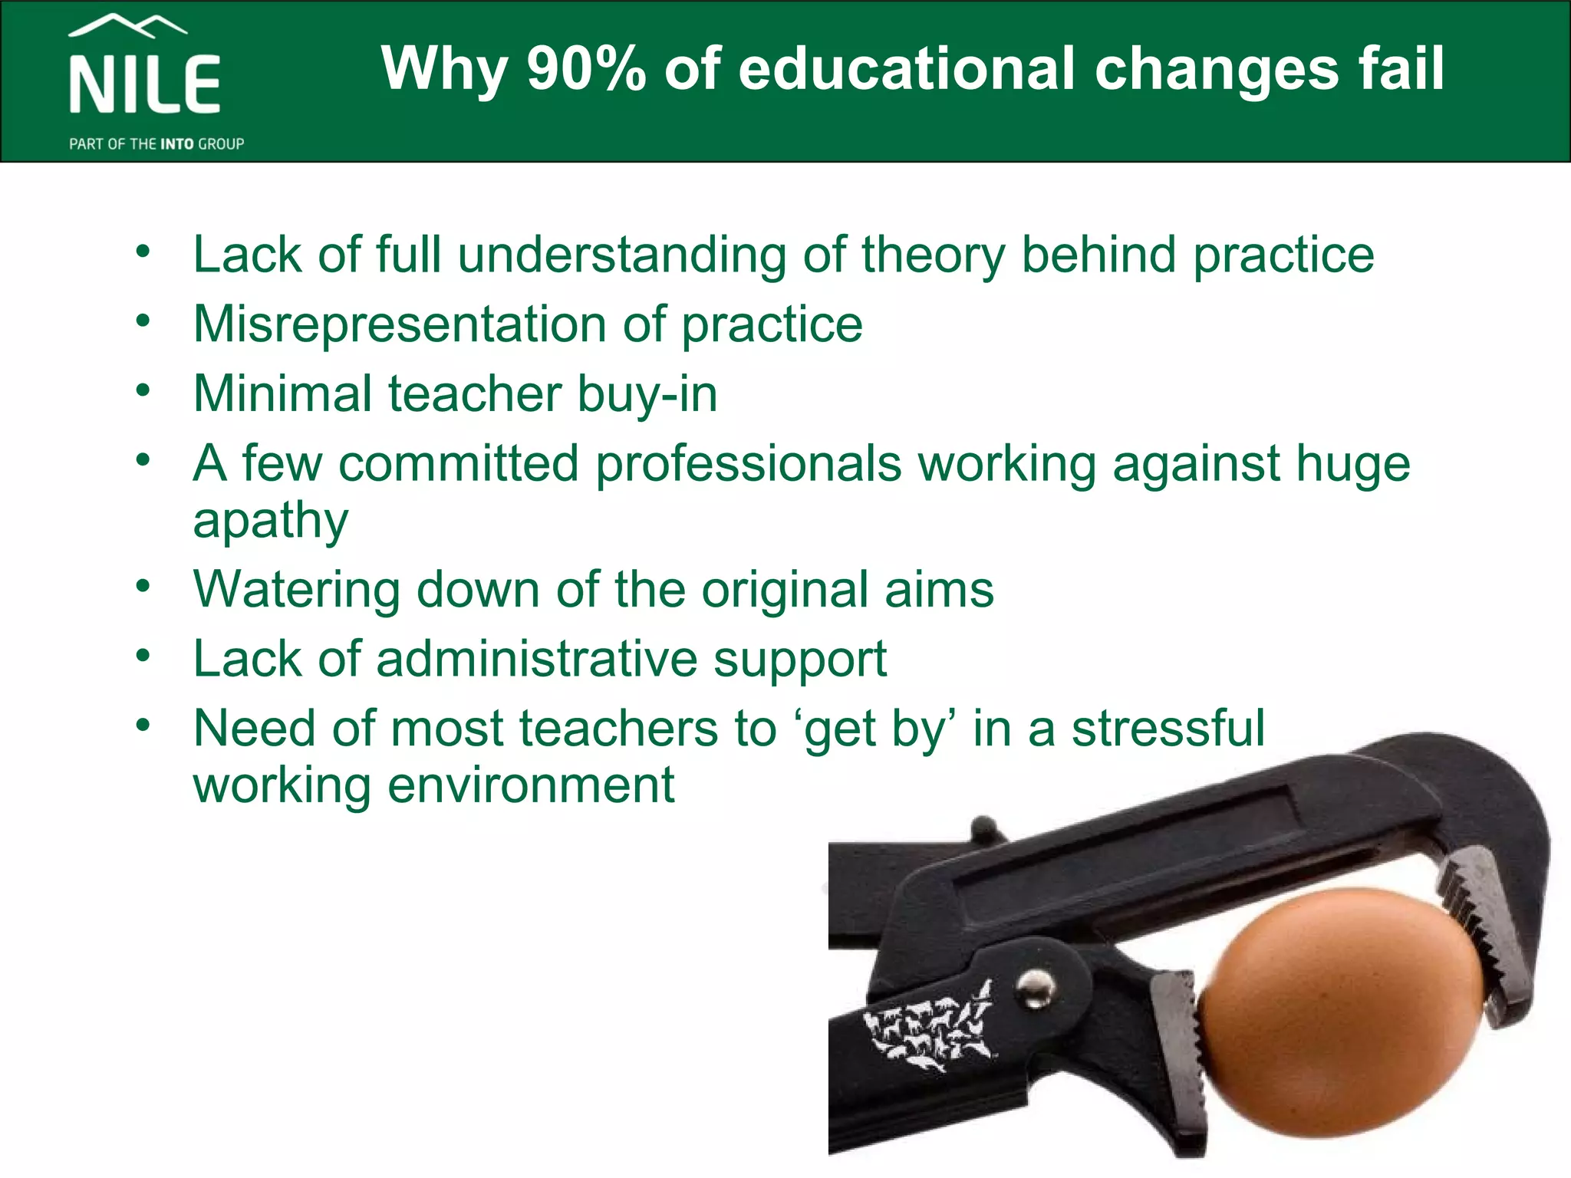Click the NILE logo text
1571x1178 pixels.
click(145, 84)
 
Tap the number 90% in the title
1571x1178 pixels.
click(586, 69)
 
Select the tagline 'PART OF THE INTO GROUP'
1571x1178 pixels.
click(156, 144)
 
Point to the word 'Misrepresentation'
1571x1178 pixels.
click(400, 324)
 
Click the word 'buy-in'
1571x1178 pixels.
click(647, 394)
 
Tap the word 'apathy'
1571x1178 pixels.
click(271, 522)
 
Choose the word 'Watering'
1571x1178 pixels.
click(296, 591)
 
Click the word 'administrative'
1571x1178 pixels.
click(536, 659)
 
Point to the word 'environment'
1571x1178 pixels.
click(531, 785)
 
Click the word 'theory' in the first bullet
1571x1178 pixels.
click(932, 255)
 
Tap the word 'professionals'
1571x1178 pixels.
click(748, 464)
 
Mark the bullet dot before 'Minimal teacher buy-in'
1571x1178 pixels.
click(143, 391)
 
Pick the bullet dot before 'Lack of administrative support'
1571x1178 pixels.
click(143, 656)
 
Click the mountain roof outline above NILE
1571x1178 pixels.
click(127, 26)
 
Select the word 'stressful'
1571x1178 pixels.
click(1168, 729)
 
